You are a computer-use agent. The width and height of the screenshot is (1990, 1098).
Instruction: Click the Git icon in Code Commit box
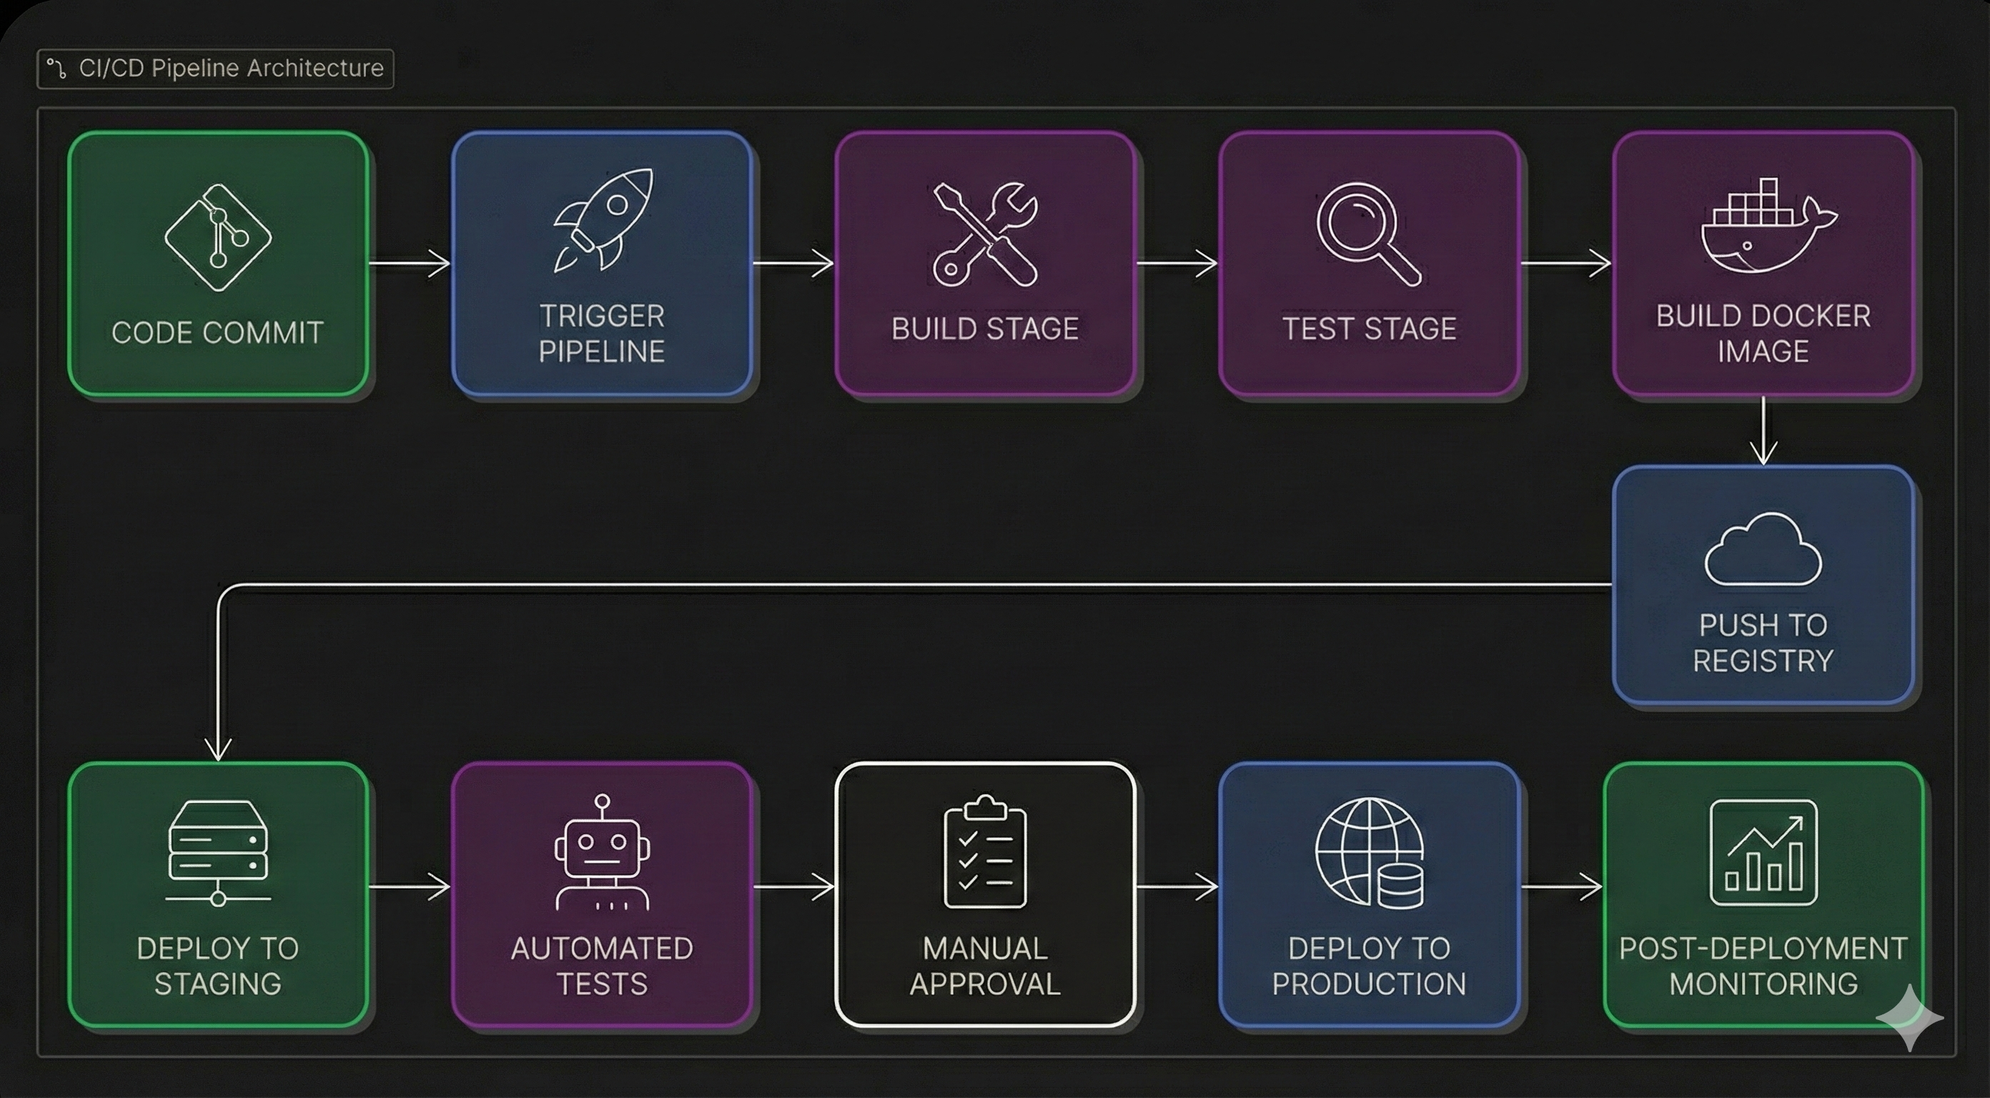pos(218,237)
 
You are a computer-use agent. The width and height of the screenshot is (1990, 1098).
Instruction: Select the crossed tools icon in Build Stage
pos(985,234)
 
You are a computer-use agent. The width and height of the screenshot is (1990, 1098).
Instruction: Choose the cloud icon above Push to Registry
pos(1763,550)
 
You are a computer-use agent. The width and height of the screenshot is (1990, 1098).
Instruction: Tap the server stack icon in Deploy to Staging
pos(218,851)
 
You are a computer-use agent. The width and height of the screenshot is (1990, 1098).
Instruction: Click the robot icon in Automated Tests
pos(602,853)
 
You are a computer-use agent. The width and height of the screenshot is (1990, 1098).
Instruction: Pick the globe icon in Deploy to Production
pos(1369,853)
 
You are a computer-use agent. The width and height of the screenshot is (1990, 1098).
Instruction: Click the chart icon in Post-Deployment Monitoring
pos(1763,853)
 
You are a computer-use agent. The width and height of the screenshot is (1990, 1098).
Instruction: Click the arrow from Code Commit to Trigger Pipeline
pos(410,264)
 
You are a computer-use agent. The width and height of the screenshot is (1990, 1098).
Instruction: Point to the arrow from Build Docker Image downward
pos(1763,431)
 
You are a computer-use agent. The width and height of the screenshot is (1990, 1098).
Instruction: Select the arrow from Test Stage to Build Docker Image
pos(1565,264)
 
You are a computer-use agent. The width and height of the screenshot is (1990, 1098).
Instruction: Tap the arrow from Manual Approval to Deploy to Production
pos(1177,886)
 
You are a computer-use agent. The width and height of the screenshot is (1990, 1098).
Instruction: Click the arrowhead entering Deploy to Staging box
pos(219,750)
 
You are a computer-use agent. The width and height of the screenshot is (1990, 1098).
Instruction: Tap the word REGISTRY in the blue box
pos(1763,661)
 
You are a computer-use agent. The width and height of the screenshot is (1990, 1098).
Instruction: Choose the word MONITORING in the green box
pos(1763,984)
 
